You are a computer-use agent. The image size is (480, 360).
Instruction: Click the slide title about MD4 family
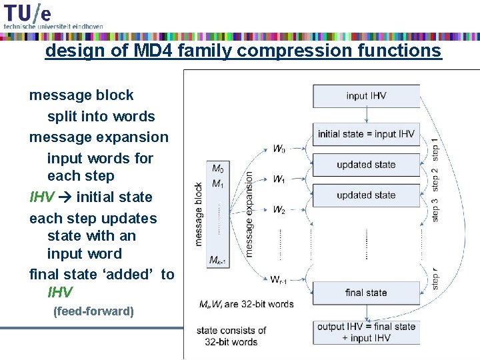[x=243, y=51]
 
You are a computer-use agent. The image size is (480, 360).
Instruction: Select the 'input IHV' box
[x=366, y=96]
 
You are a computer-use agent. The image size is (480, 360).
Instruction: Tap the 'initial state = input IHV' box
[x=366, y=134]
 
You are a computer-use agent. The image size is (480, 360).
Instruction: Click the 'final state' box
[x=366, y=293]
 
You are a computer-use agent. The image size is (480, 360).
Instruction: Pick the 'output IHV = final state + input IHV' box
[x=366, y=332]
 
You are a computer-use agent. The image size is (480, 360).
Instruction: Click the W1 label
[x=279, y=179]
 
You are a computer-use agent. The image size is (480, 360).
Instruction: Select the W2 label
[x=279, y=209]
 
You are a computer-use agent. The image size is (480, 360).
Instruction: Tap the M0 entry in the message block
[x=218, y=169]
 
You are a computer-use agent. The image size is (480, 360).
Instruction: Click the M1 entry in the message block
[x=218, y=183]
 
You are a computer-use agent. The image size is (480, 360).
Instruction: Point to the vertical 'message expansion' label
[x=249, y=213]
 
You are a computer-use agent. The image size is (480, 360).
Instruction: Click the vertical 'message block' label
[x=199, y=214]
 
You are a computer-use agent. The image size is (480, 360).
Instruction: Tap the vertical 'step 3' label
[x=435, y=208]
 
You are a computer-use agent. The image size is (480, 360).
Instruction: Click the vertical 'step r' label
[x=435, y=279]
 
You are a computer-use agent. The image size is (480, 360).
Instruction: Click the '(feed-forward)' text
[x=93, y=311]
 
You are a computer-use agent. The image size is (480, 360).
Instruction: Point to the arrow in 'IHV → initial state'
[x=67, y=197]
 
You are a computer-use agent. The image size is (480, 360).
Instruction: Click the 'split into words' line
[x=101, y=117]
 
